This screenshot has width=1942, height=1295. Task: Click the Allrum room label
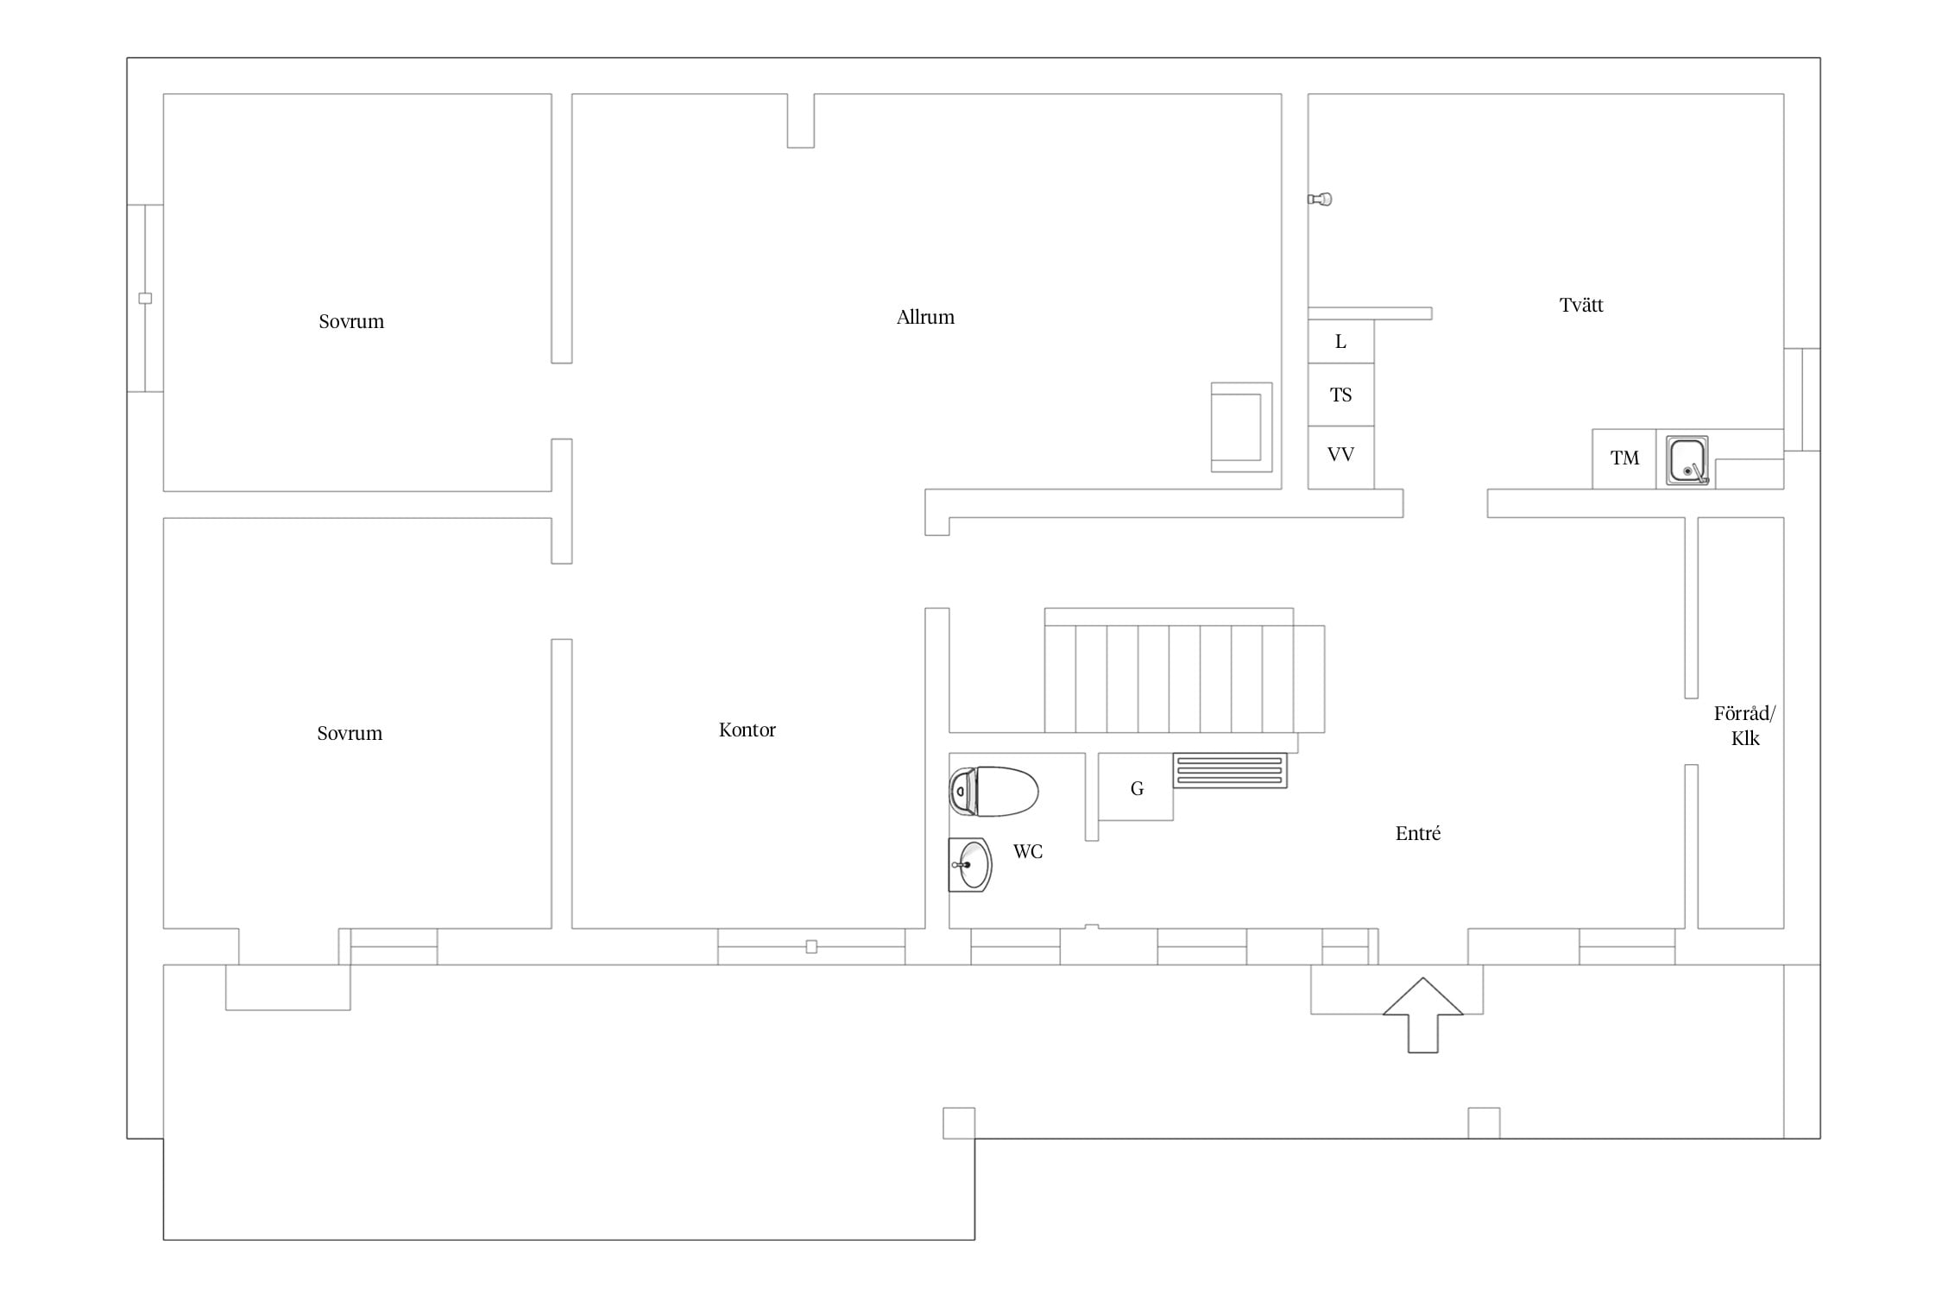coord(925,317)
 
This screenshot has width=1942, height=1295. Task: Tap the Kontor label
coord(747,730)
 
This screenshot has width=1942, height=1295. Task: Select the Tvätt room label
coord(1581,305)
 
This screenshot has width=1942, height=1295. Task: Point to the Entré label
coord(1418,833)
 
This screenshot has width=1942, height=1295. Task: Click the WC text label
coord(1028,851)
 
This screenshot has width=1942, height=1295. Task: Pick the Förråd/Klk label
coord(1744,725)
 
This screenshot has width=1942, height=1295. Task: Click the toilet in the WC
coord(993,791)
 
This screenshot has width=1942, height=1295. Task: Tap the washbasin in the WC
coord(970,864)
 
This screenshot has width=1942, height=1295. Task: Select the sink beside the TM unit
coord(1687,460)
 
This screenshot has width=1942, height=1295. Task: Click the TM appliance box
coord(1624,458)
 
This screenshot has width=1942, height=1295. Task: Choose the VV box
coord(1340,458)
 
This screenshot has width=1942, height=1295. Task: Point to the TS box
coord(1340,395)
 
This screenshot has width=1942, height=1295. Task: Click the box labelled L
coord(1340,342)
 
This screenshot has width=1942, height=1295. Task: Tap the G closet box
coord(1136,786)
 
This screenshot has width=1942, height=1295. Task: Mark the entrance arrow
coord(1423,1015)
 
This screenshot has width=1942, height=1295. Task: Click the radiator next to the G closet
coord(1230,770)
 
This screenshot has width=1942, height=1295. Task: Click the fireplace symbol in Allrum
coord(1241,427)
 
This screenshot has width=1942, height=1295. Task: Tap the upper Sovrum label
coord(351,321)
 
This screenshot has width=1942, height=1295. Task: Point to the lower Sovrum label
coord(350,733)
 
